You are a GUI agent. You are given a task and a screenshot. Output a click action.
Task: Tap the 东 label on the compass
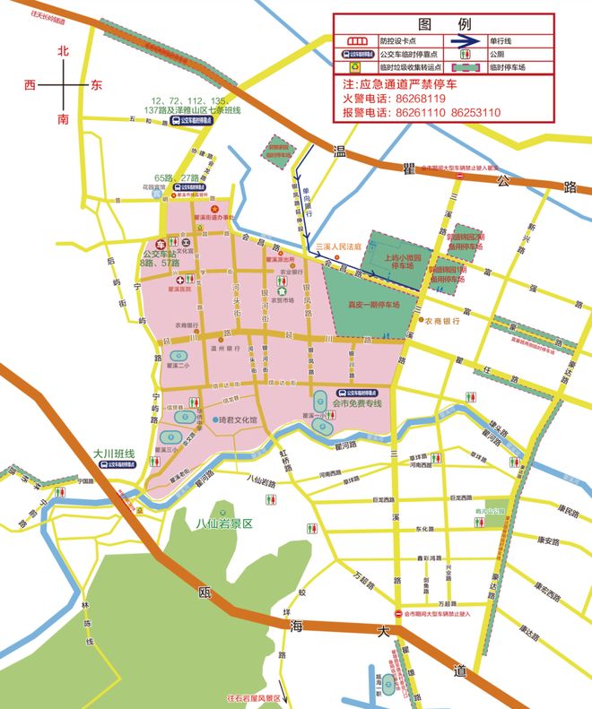(96, 85)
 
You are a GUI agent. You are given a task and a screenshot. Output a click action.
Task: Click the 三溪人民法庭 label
(337, 246)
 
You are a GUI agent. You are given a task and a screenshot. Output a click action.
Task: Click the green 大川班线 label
(113, 454)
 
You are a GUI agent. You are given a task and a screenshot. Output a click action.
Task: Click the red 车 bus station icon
(161, 243)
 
